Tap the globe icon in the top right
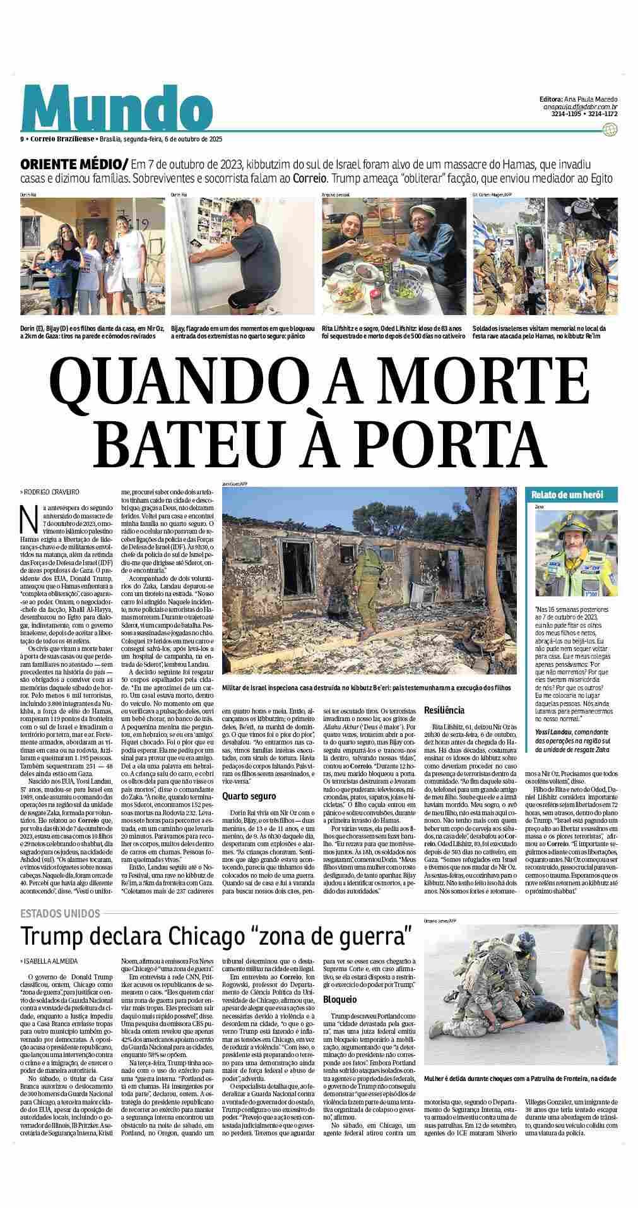[x=609, y=130]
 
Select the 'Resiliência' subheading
[x=444, y=710]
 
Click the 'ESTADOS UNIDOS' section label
[x=60, y=913]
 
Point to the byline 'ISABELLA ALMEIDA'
[x=50, y=961]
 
